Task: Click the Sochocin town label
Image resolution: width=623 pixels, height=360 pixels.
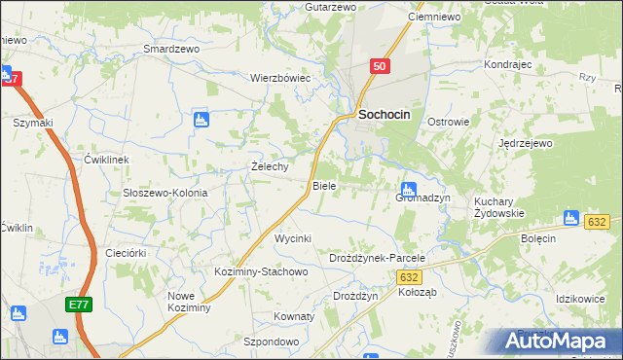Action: [x=385, y=114]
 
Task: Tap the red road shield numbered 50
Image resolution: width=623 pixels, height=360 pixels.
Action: [x=381, y=65]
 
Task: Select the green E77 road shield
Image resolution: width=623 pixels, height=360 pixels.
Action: [x=79, y=306]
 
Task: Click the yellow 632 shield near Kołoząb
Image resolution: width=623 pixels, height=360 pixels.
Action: [x=410, y=277]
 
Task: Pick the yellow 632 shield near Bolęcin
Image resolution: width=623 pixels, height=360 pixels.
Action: [x=598, y=223]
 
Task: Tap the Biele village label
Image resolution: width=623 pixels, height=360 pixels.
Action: [x=324, y=185]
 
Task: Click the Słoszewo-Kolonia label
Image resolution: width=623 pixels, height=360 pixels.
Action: [x=165, y=193]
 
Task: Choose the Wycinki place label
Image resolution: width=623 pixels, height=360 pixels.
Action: [x=292, y=238]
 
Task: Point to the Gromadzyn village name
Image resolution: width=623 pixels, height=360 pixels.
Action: [x=422, y=198]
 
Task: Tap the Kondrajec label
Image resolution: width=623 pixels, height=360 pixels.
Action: [x=506, y=64]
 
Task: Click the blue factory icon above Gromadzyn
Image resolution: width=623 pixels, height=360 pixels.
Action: [x=409, y=188]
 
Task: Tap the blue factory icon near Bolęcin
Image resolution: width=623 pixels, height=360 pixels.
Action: [x=571, y=218]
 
